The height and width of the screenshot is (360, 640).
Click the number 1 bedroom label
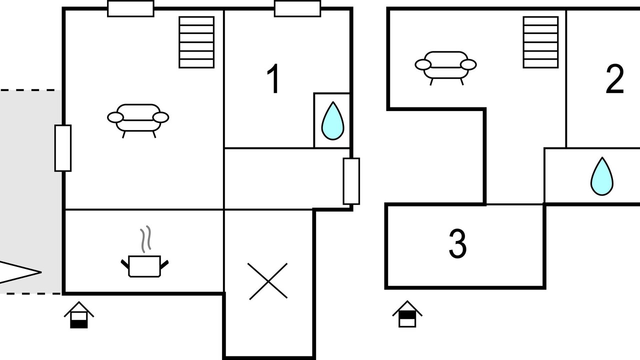273,78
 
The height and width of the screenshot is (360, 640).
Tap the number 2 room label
615,79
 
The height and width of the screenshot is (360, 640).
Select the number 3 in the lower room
457,243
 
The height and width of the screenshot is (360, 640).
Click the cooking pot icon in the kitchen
144,266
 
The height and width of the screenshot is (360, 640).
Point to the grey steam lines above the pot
145,239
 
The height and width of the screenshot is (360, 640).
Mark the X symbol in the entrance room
267,281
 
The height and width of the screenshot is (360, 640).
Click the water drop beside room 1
332,120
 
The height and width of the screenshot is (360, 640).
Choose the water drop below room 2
601,176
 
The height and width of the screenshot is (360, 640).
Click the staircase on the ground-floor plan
196,42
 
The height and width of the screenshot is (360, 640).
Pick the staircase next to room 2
540,42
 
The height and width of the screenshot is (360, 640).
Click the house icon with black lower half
79,315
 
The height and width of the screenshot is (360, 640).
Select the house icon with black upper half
407,314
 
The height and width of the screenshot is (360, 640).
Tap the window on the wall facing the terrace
63,148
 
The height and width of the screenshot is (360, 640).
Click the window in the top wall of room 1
297,8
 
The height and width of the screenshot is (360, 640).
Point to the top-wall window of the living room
130,8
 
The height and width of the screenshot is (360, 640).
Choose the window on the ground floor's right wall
351,181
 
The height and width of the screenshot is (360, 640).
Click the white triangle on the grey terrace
20,272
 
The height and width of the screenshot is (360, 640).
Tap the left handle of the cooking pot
125,264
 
